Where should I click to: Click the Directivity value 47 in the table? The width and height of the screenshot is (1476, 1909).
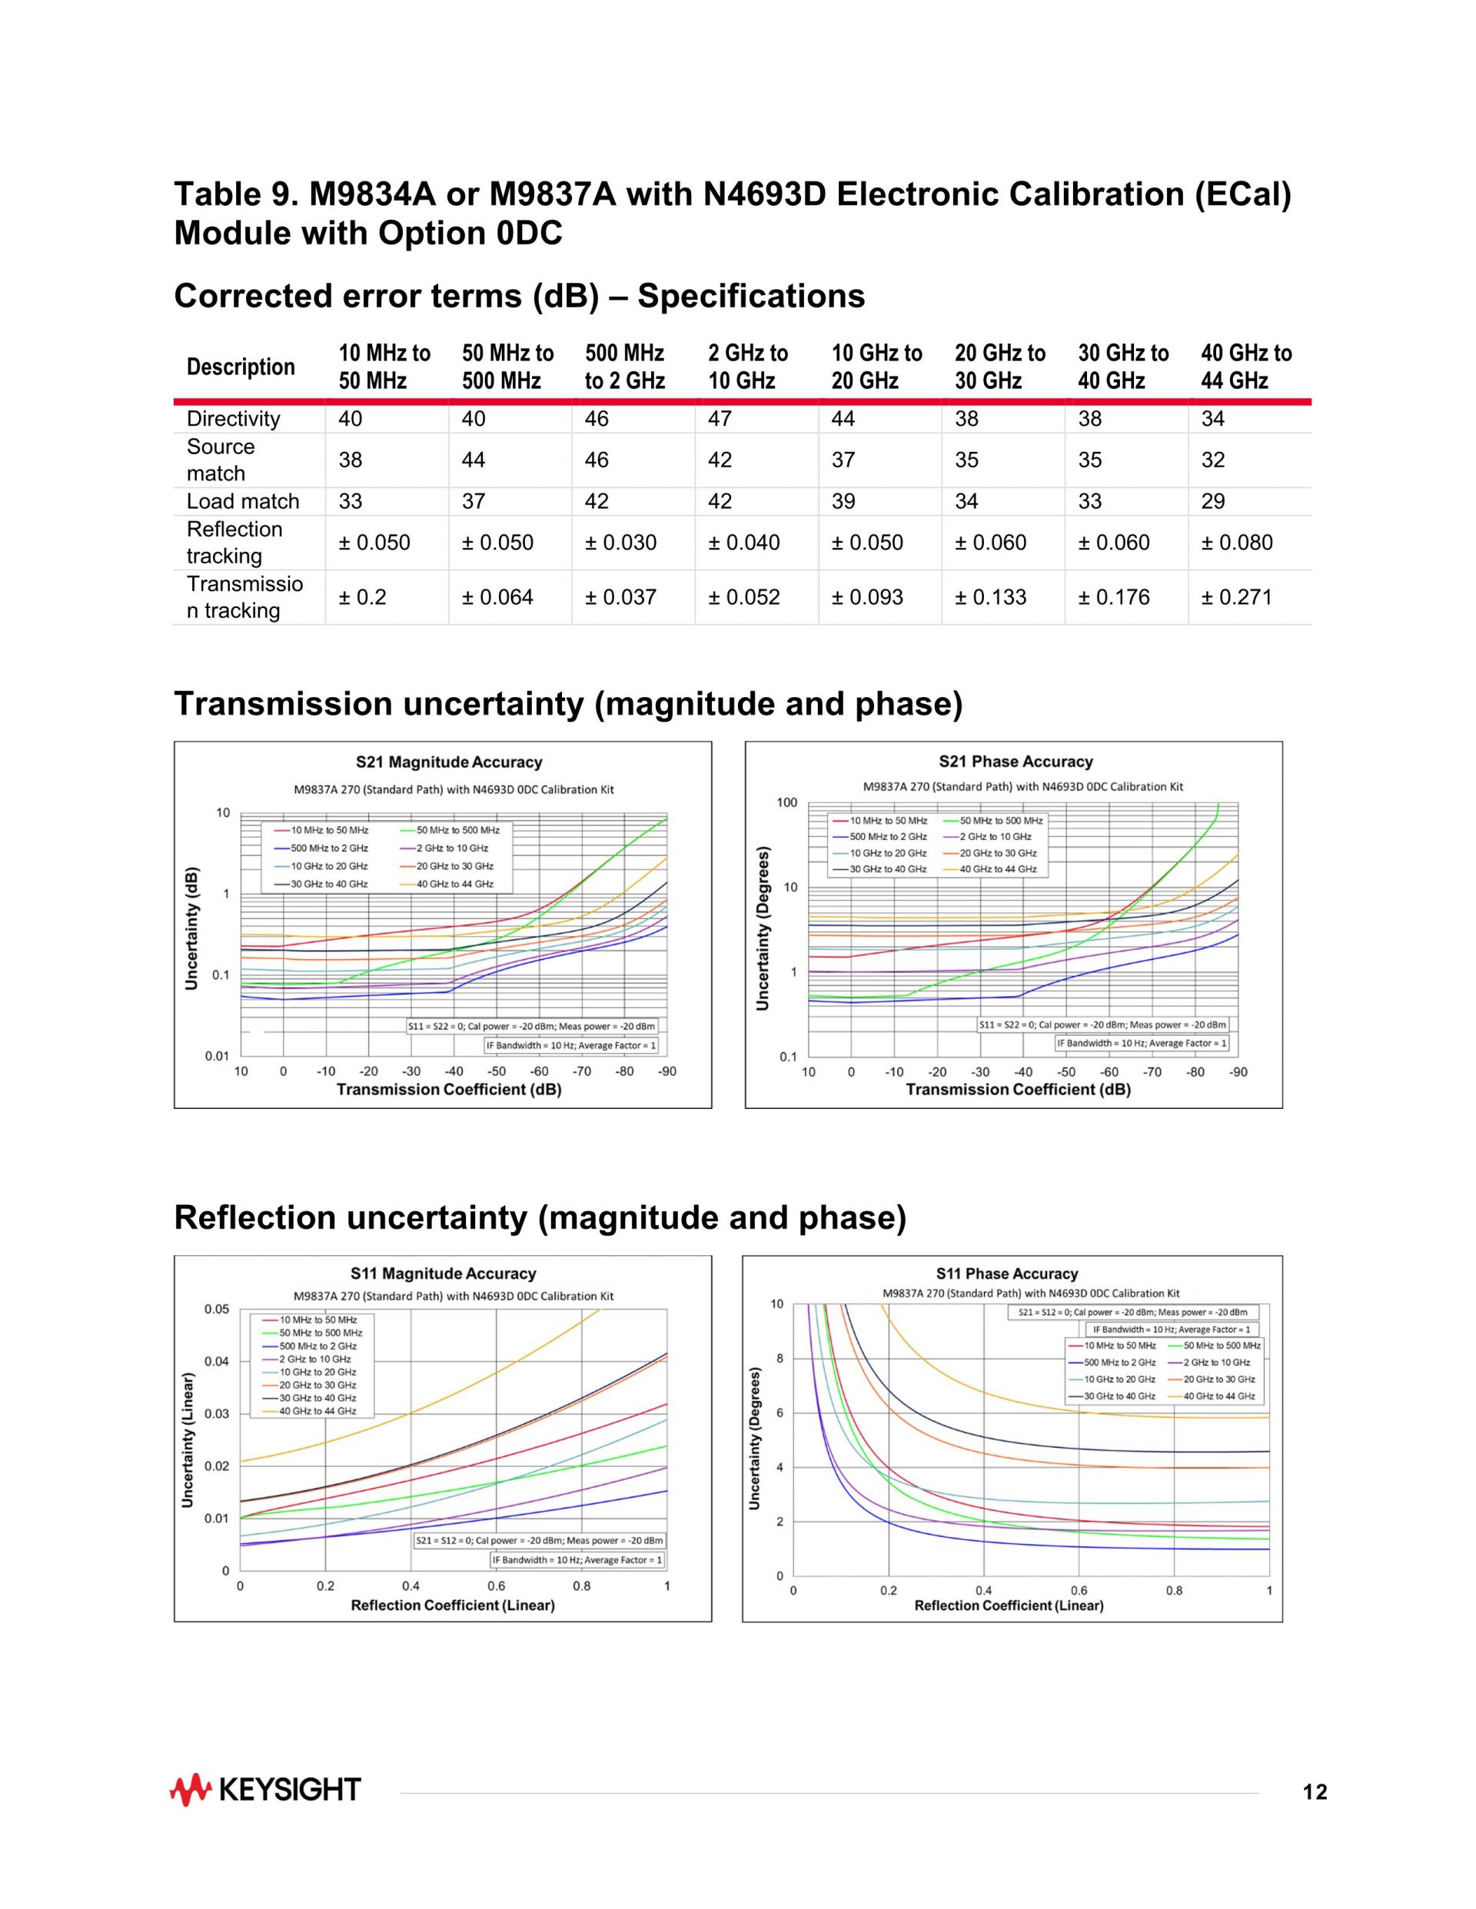[720, 419]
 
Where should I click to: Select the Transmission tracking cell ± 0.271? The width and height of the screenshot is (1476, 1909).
[1236, 597]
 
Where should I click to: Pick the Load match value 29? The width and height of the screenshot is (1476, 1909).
[1213, 501]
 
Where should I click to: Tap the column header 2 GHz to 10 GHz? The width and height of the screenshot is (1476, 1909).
[748, 367]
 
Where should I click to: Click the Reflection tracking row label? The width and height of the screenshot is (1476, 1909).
[234, 542]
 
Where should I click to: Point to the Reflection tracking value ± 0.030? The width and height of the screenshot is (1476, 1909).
[620, 542]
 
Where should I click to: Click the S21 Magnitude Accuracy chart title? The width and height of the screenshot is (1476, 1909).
[449, 762]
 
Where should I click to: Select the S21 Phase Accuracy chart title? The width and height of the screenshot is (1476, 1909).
[1016, 762]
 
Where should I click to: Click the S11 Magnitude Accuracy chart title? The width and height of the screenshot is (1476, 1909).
[444, 1273]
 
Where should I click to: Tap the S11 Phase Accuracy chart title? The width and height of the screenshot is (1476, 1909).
[1006, 1273]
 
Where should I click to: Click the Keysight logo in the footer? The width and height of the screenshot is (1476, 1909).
[265, 1790]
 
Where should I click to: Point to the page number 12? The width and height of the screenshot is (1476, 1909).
[1315, 1793]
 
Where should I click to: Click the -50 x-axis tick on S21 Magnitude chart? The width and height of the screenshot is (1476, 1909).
[497, 1071]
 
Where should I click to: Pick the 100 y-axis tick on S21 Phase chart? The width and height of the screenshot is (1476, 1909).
[786, 802]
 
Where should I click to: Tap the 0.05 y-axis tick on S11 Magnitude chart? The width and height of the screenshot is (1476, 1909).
[217, 1310]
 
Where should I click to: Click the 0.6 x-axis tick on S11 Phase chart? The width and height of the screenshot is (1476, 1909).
[1079, 1591]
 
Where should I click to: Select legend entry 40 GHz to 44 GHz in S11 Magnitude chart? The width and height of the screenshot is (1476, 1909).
[317, 1412]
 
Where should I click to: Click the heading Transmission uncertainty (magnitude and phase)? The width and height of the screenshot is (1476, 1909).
[568, 704]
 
